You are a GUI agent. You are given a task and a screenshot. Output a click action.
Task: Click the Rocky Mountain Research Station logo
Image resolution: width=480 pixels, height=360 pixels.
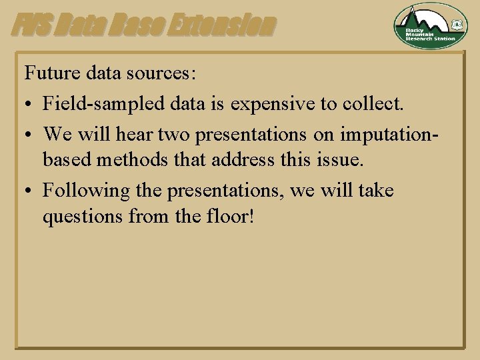(430, 26)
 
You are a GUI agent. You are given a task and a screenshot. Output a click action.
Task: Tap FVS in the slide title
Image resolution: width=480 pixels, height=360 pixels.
(27, 25)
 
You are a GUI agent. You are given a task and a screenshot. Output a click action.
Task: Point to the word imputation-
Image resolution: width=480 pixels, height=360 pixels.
(389, 133)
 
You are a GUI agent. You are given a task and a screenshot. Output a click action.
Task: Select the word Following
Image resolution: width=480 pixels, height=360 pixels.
(86, 191)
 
